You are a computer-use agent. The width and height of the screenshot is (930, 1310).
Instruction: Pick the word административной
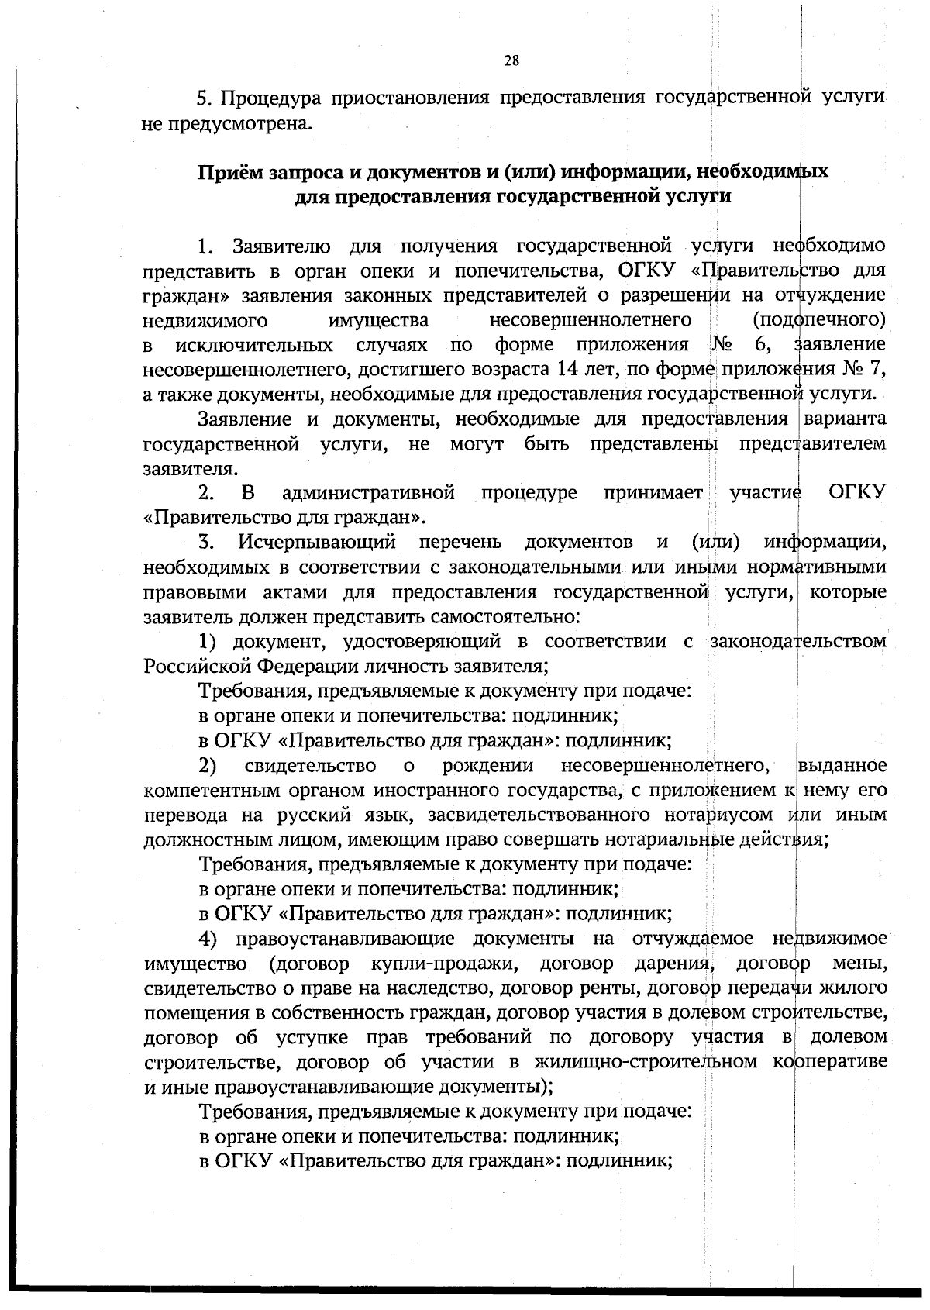pos(368,493)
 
